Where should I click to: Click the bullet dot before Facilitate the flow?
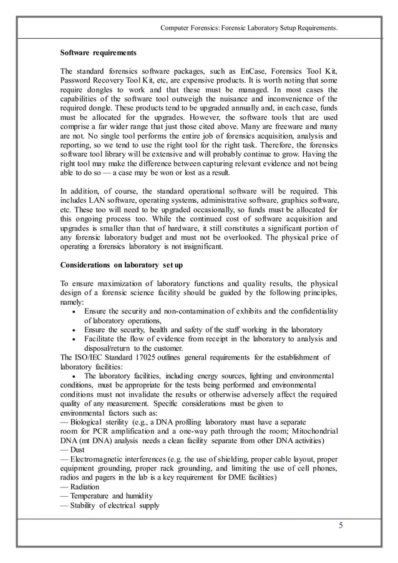(75, 340)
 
